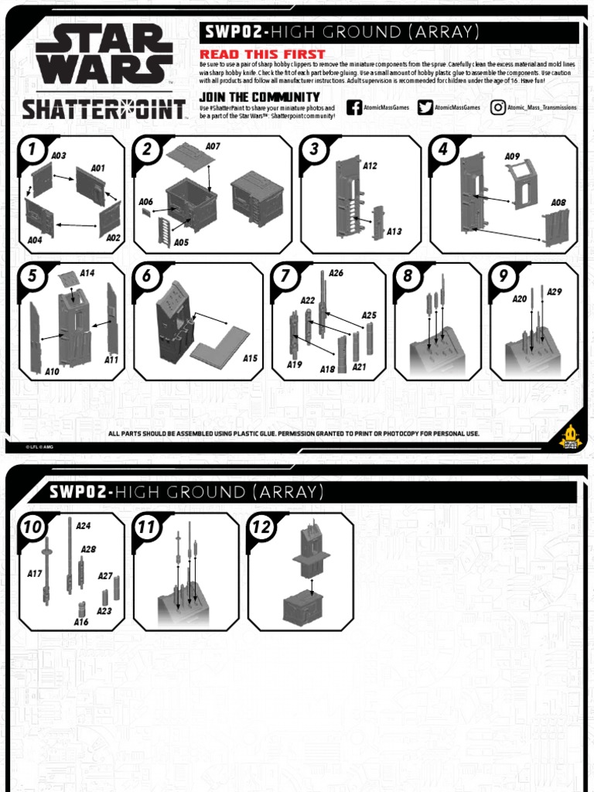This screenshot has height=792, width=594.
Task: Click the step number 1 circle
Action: tap(32, 150)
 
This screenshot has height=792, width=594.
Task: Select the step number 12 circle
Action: tap(261, 527)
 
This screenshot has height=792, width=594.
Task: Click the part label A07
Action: tap(213, 146)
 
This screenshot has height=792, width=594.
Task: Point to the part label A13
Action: tap(394, 230)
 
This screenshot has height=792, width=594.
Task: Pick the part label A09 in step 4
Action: tap(512, 156)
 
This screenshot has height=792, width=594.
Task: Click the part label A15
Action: tap(250, 358)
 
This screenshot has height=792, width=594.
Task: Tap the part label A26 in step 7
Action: tap(336, 273)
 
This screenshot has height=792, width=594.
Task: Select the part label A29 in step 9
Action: tap(554, 292)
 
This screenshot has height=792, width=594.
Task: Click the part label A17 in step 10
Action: tap(34, 574)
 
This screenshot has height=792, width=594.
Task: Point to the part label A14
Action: tap(87, 273)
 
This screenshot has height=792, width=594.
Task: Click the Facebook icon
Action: tap(354, 108)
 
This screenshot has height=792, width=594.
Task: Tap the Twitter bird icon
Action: tap(425, 108)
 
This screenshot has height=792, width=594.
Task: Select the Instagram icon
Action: tap(499, 108)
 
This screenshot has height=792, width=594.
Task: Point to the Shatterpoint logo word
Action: tap(103, 109)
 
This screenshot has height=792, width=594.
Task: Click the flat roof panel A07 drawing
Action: tap(189, 158)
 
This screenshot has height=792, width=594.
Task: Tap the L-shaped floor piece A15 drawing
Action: tap(220, 343)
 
